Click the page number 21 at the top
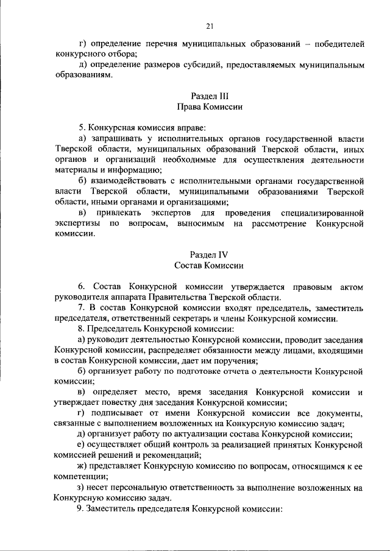[x=209, y=25]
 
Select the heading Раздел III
[x=209, y=96]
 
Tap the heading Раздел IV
[x=209, y=255]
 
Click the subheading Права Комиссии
[x=209, y=107]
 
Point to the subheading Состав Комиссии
[x=209, y=265]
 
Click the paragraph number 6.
[x=80, y=287]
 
